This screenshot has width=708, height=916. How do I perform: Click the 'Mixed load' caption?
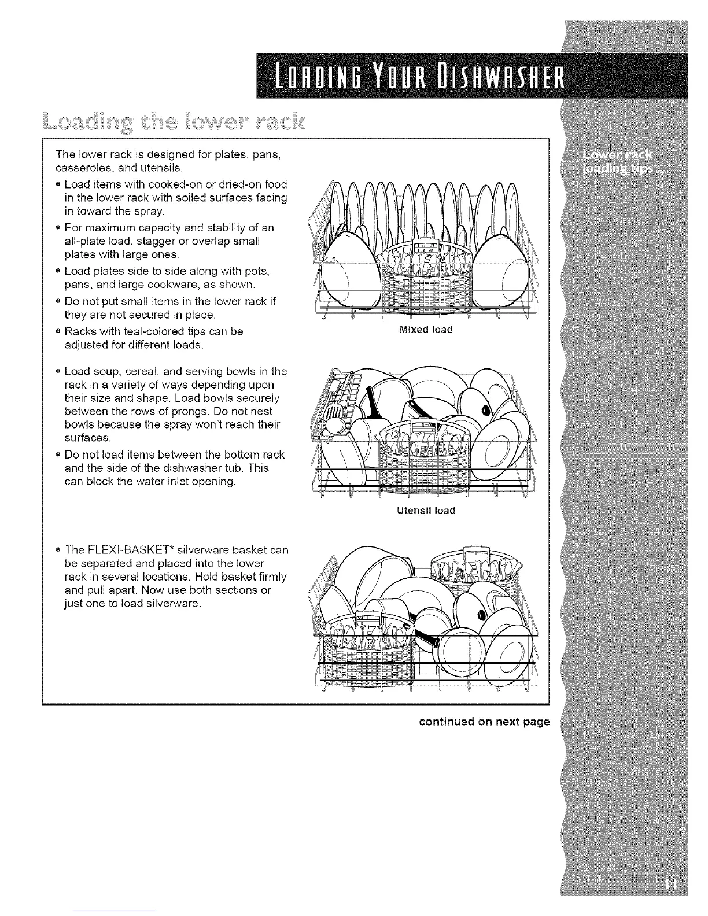coord(426,330)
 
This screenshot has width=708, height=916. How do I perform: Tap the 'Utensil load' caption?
coord(426,510)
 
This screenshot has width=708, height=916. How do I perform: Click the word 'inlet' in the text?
coord(183,482)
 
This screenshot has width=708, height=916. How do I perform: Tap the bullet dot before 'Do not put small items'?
coord(58,301)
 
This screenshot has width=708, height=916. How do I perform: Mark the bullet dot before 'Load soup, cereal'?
coord(58,371)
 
